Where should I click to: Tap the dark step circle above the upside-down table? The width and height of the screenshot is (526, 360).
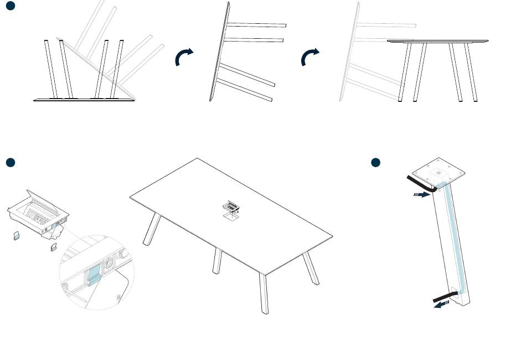pos(11,6)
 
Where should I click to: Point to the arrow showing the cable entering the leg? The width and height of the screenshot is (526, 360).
pos(422,194)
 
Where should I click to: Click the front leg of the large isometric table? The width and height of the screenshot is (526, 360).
pos(264,294)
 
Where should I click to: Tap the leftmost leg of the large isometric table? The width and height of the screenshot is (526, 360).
pos(151,230)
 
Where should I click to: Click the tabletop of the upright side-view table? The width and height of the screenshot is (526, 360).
pos(437,41)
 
